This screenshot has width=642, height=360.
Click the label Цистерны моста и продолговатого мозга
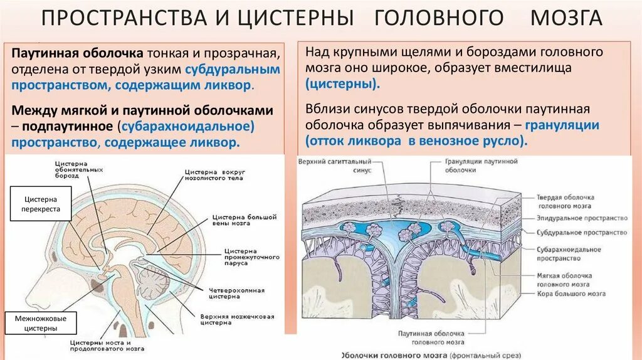100,347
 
